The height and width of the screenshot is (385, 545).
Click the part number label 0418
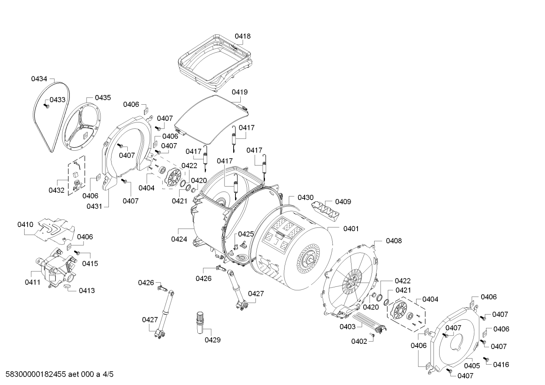[243, 36]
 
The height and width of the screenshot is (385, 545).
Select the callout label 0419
[240, 92]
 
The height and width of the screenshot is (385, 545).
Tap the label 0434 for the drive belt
[39, 79]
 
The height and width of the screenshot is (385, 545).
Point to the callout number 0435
[103, 98]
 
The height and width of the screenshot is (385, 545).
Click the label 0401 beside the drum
[351, 229]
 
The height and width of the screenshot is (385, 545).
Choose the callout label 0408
[394, 241]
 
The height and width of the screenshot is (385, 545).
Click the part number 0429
[213, 340]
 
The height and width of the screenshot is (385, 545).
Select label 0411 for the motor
[33, 282]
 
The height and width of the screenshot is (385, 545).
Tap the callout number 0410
[25, 224]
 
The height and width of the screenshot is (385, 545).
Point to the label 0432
[57, 190]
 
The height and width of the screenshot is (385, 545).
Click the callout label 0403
[348, 327]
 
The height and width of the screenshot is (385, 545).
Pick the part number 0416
[501, 365]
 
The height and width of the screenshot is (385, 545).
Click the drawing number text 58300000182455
[36, 374]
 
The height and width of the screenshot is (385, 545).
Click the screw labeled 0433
[46, 106]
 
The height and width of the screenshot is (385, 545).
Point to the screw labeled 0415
[77, 253]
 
